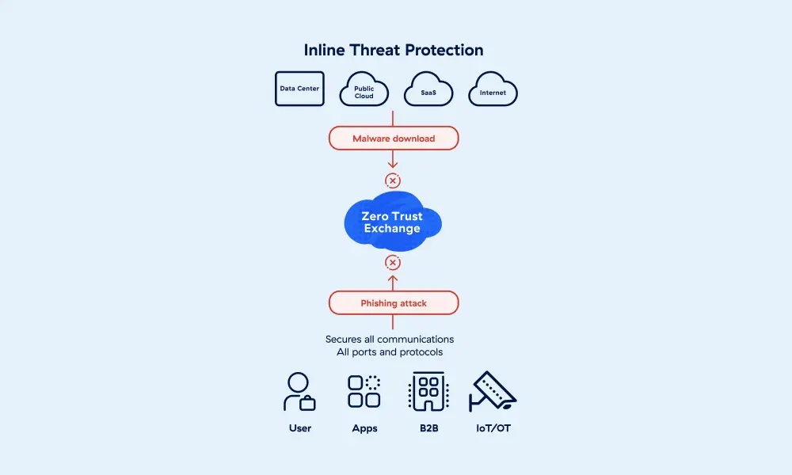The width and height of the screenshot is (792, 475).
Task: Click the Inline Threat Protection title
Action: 394,50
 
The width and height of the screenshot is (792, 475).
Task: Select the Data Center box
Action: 299,89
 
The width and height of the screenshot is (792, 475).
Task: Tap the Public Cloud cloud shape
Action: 364,91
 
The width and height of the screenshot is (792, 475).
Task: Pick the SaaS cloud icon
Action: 428,92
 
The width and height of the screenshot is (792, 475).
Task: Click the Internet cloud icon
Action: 493,92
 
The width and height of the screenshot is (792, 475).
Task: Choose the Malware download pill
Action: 394,139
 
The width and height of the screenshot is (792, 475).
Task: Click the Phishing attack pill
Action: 394,303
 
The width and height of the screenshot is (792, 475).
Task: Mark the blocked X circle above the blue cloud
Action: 393,180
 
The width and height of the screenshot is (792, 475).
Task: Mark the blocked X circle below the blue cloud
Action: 393,263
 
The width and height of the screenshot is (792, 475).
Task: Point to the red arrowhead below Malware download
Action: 393,165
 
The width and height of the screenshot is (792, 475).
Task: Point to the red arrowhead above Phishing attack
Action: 393,279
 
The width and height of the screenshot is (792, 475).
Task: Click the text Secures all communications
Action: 390,339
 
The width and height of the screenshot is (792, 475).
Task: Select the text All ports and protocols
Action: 390,351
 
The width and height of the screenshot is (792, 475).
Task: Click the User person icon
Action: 299,392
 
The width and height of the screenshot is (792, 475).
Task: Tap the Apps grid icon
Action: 364,392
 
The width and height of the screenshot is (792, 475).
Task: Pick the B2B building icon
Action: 428,392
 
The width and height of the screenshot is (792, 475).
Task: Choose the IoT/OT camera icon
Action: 493,392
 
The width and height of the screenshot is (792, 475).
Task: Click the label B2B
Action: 428,428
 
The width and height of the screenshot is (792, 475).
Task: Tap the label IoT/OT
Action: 493,428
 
